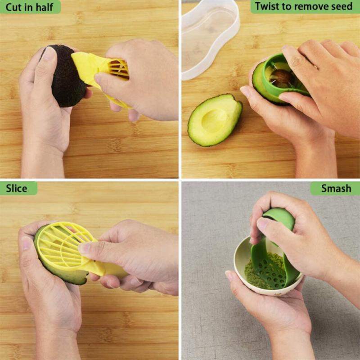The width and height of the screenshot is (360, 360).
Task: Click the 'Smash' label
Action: [336, 188]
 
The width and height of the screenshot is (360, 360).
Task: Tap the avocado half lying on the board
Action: [214, 120]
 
